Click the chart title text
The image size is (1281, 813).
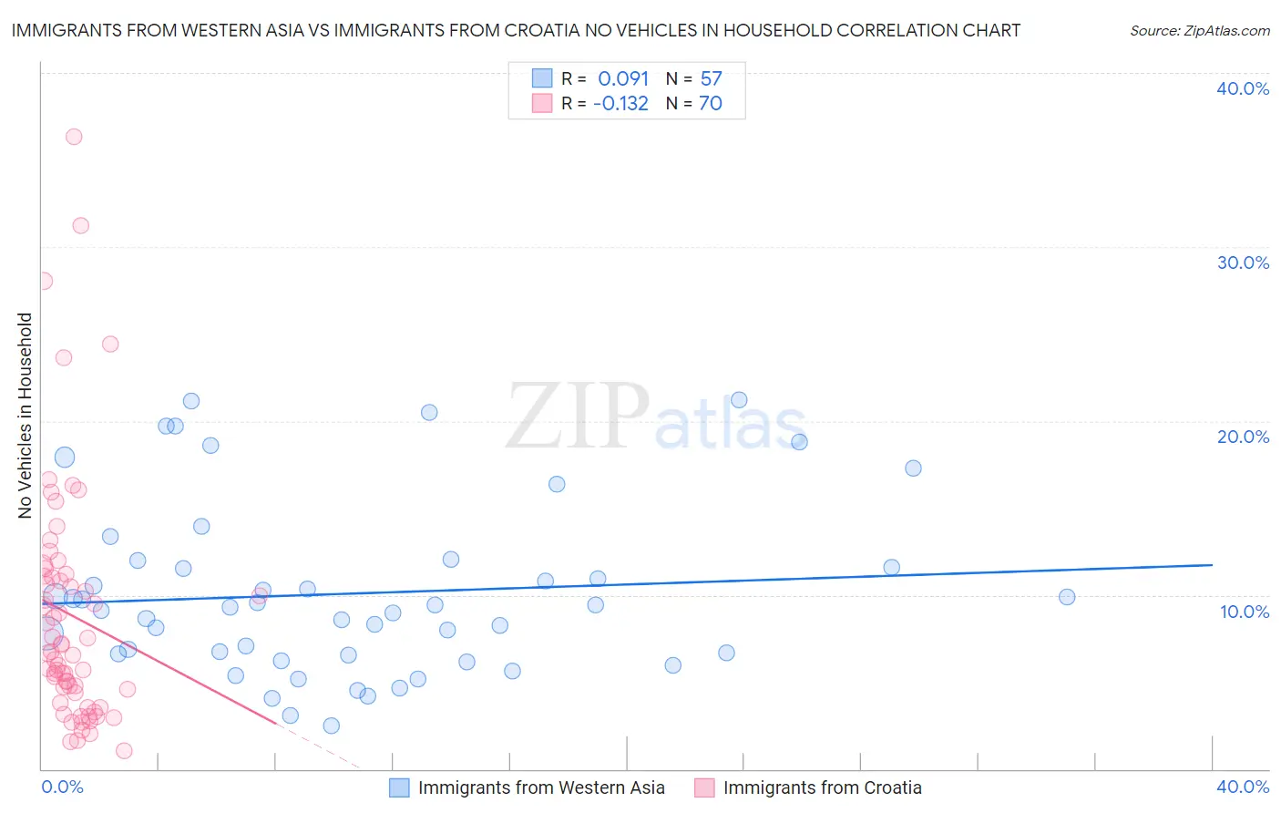pyautogui.click(x=516, y=30)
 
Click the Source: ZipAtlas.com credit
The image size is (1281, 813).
pyautogui.click(x=1199, y=30)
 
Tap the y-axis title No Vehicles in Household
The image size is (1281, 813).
pyautogui.click(x=25, y=416)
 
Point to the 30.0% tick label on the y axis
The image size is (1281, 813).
pyautogui.click(x=1243, y=262)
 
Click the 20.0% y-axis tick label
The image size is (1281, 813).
pyautogui.click(x=1243, y=437)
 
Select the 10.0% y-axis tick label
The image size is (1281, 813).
pyautogui.click(x=1244, y=612)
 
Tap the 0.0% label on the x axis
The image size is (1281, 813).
pyautogui.click(x=62, y=787)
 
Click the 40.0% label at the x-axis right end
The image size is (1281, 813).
pyautogui.click(x=1243, y=787)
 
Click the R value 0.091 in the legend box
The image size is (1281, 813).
pyautogui.click(x=623, y=79)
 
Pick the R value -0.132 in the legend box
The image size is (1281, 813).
pyautogui.click(x=620, y=104)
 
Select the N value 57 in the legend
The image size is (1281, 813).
pyautogui.click(x=711, y=79)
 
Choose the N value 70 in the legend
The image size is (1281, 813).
pyautogui.click(x=711, y=104)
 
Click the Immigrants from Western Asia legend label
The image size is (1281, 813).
pyautogui.click(x=541, y=787)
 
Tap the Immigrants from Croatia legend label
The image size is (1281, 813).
pyautogui.click(x=822, y=787)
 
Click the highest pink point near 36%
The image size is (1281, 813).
pyautogui.click(x=74, y=137)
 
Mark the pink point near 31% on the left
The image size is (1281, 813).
pyautogui.click(x=80, y=226)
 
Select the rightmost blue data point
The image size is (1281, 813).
pyautogui.click(x=1067, y=597)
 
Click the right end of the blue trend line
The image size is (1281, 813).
pyautogui.click(x=1212, y=565)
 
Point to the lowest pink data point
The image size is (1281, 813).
pyautogui.click(x=124, y=751)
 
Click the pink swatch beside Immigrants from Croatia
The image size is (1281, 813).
pyautogui.click(x=704, y=787)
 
